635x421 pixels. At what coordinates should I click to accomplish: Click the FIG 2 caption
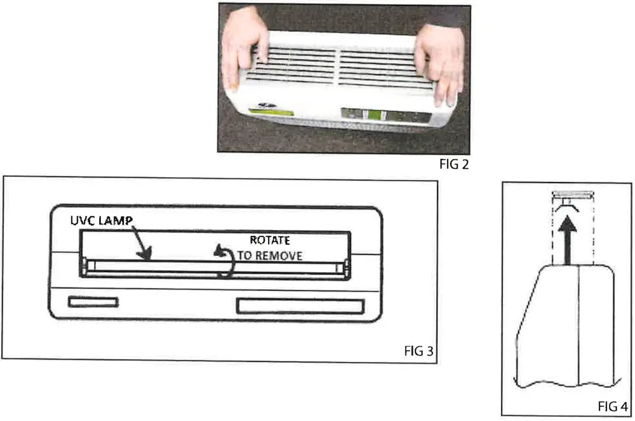tap(454, 165)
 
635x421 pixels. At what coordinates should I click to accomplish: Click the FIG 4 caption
tap(613, 407)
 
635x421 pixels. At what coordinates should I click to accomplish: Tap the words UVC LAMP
tap(101, 220)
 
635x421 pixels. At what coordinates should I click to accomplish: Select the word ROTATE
tap(270, 241)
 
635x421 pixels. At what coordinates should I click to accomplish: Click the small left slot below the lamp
tap(93, 302)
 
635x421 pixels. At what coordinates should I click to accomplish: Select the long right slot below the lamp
tap(300, 307)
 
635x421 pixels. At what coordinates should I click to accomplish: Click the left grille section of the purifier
tap(291, 65)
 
